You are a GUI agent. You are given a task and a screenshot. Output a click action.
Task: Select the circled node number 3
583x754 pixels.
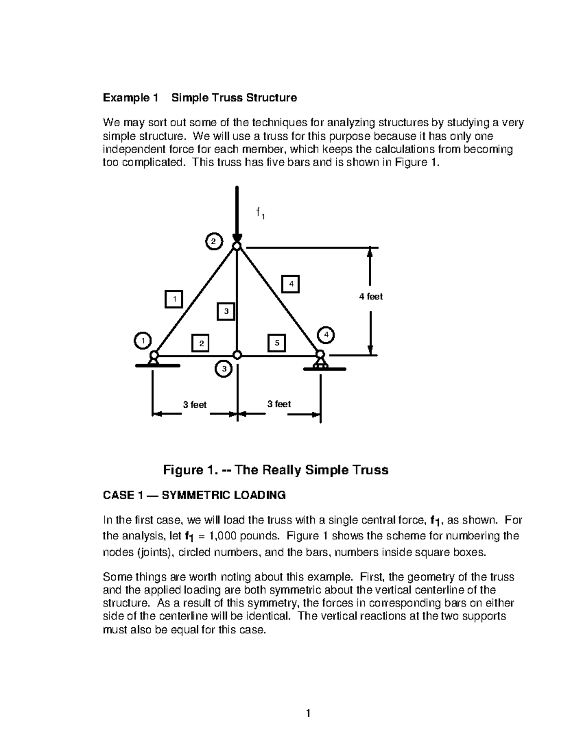(223, 369)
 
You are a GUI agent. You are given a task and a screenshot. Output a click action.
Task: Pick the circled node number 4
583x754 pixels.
(326, 335)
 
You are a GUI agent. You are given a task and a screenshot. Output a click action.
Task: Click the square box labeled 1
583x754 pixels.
(174, 299)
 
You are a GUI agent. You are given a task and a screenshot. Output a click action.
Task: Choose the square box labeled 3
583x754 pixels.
(226, 311)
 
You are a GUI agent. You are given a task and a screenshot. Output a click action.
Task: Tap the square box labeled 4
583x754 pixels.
(291, 284)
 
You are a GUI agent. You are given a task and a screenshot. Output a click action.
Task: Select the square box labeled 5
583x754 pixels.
(277, 343)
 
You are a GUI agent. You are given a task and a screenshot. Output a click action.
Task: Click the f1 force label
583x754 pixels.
(260, 213)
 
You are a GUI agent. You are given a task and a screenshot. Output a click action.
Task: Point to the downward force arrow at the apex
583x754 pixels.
(237, 214)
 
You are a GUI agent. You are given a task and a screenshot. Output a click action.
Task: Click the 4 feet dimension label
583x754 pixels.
(371, 297)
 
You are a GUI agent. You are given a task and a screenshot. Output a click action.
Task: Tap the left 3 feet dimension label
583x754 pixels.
(194, 405)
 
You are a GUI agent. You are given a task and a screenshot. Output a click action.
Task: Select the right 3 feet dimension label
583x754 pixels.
(279, 404)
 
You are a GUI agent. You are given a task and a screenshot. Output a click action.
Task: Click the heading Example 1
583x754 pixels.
(130, 98)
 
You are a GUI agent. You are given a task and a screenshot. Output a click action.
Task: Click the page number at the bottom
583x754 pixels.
(308, 714)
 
